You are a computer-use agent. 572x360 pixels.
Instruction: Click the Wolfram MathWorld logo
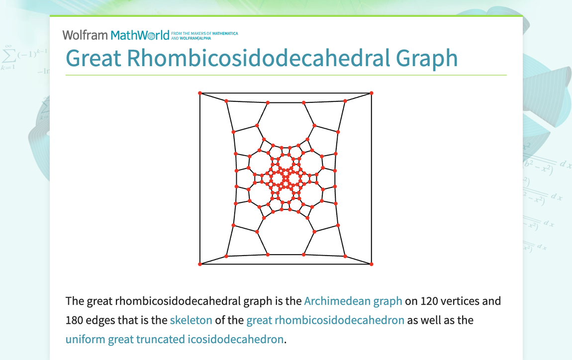[x=116, y=35]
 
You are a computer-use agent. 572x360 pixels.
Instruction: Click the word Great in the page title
[x=93, y=58]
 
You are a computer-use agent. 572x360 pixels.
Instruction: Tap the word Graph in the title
[x=427, y=58]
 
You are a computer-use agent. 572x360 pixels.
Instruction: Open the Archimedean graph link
[x=353, y=301]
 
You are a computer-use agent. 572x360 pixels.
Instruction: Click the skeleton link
[x=191, y=320]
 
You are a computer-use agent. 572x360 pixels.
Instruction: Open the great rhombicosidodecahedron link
[x=325, y=320]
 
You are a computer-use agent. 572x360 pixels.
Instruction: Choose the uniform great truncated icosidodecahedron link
[x=175, y=339]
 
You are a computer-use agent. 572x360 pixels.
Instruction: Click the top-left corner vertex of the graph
[x=200, y=93]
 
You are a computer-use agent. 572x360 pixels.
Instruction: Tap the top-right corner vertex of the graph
[x=372, y=93]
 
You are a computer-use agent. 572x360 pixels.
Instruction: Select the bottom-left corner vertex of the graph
[x=200, y=264]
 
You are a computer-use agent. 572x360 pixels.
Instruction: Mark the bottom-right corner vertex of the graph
[x=372, y=264]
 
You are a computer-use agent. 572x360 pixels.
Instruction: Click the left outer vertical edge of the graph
[x=200, y=179]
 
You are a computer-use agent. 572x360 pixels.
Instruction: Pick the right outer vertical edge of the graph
[x=372, y=179]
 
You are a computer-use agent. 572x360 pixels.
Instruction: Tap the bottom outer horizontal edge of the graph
[x=286, y=264]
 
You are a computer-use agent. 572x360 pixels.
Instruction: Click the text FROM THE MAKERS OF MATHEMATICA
[x=204, y=34]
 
